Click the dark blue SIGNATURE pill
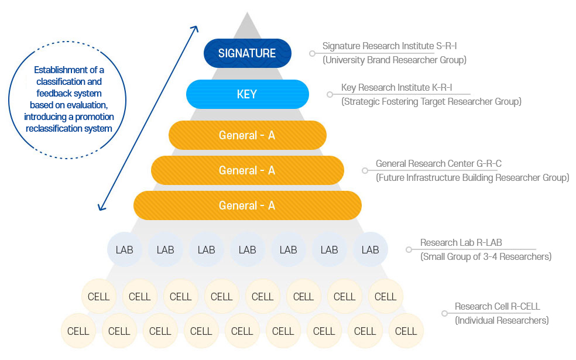247,53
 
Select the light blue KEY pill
247,94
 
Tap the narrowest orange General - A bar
247,135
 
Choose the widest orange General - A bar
247,205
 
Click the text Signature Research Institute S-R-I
389,46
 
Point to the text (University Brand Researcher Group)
395,60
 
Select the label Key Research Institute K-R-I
396,87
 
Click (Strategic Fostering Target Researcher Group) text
431,101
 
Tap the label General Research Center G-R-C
438,163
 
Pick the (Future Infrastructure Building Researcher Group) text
472,178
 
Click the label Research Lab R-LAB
461,242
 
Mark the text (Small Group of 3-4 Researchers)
486,256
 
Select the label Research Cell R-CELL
497,306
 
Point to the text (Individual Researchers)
502,320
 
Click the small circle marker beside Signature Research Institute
312,54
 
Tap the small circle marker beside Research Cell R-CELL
444,313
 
